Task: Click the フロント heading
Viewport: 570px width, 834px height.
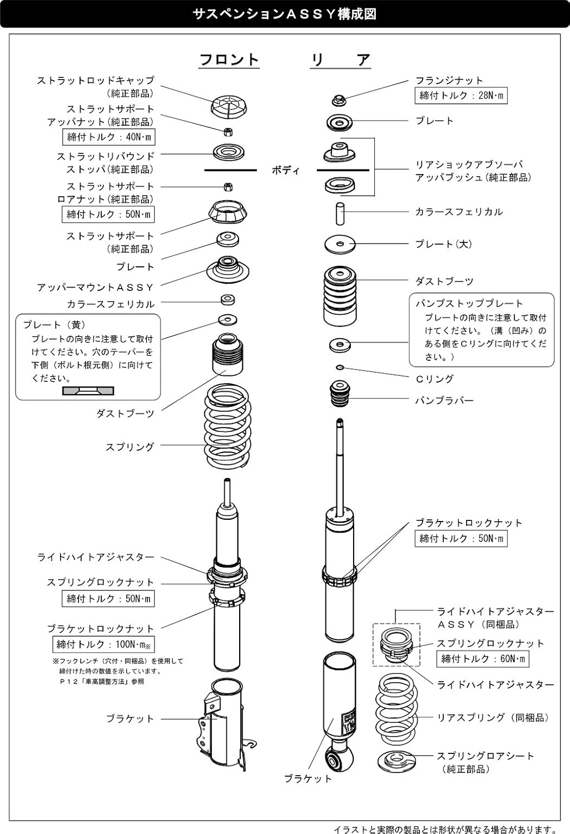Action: point(229,59)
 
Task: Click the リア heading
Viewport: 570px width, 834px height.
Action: point(340,59)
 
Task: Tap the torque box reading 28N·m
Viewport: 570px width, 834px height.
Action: point(461,96)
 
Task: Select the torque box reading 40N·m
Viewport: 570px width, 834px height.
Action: point(108,137)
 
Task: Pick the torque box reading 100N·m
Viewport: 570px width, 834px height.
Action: point(103,644)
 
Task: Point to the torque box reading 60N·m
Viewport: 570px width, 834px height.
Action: point(483,659)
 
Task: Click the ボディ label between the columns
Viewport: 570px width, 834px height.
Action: point(286,170)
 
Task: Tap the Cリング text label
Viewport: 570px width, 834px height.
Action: point(435,379)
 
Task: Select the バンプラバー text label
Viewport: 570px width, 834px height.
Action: point(444,400)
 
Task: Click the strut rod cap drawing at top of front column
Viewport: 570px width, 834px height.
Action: point(229,106)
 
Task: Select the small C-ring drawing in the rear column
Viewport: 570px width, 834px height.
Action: point(340,368)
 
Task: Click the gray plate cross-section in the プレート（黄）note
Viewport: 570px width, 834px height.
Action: point(88,391)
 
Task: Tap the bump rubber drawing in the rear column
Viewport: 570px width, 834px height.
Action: point(340,393)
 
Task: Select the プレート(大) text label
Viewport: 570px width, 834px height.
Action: point(443,244)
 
